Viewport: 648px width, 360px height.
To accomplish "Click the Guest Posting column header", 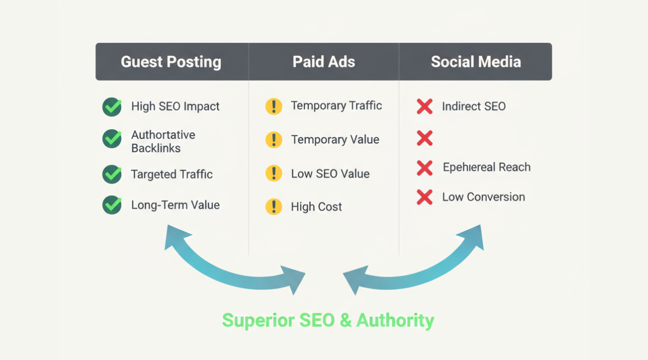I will (x=171, y=62).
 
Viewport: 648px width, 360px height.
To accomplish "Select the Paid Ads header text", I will (x=323, y=62).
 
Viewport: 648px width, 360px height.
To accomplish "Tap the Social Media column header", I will (x=476, y=62).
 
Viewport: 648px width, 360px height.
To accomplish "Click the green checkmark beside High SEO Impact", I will (x=112, y=107).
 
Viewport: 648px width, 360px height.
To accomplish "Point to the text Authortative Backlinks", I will (x=156, y=141).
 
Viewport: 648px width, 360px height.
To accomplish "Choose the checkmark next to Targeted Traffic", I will (x=112, y=174).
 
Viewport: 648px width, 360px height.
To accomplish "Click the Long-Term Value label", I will (x=175, y=205).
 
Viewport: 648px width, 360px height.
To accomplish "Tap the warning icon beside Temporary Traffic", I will (x=274, y=106).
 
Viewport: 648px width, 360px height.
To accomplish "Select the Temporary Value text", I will (x=335, y=140).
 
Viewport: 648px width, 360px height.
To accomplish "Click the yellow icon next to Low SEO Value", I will (x=274, y=173).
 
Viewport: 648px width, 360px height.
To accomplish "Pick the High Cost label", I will (x=316, y=207).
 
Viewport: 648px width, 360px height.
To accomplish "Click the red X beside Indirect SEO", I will (x=424, y=107).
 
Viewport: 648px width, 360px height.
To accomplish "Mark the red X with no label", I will (x=424, y=138).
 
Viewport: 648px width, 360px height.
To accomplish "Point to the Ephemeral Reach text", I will (x=486, y=167).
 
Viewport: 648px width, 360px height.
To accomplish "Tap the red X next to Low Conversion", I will (x=424, y=197).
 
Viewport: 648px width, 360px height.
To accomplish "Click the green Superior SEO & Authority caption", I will (x=328, y=320).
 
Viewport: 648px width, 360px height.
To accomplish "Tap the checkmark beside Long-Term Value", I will (x=112, y=205).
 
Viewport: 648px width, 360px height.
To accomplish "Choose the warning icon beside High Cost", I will (x=274, y=207).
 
